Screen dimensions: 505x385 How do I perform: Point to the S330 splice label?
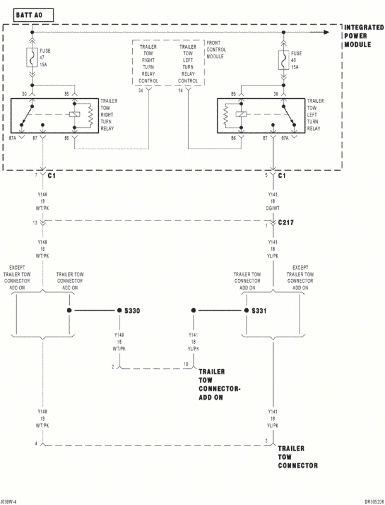pos(131,311)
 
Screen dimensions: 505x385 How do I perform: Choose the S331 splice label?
pos(259,311)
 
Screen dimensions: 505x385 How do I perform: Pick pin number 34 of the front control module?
pos(141,90)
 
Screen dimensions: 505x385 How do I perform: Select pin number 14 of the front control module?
pos(180,90)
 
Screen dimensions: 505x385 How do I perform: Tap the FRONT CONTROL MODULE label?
pos(216,50)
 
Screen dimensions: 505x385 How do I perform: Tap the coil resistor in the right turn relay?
pos(90,116)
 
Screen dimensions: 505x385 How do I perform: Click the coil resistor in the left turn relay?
pos(226,116)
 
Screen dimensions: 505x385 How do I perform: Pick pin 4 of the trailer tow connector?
pos(36,443)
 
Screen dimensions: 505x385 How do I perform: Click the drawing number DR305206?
pos(374,501)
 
